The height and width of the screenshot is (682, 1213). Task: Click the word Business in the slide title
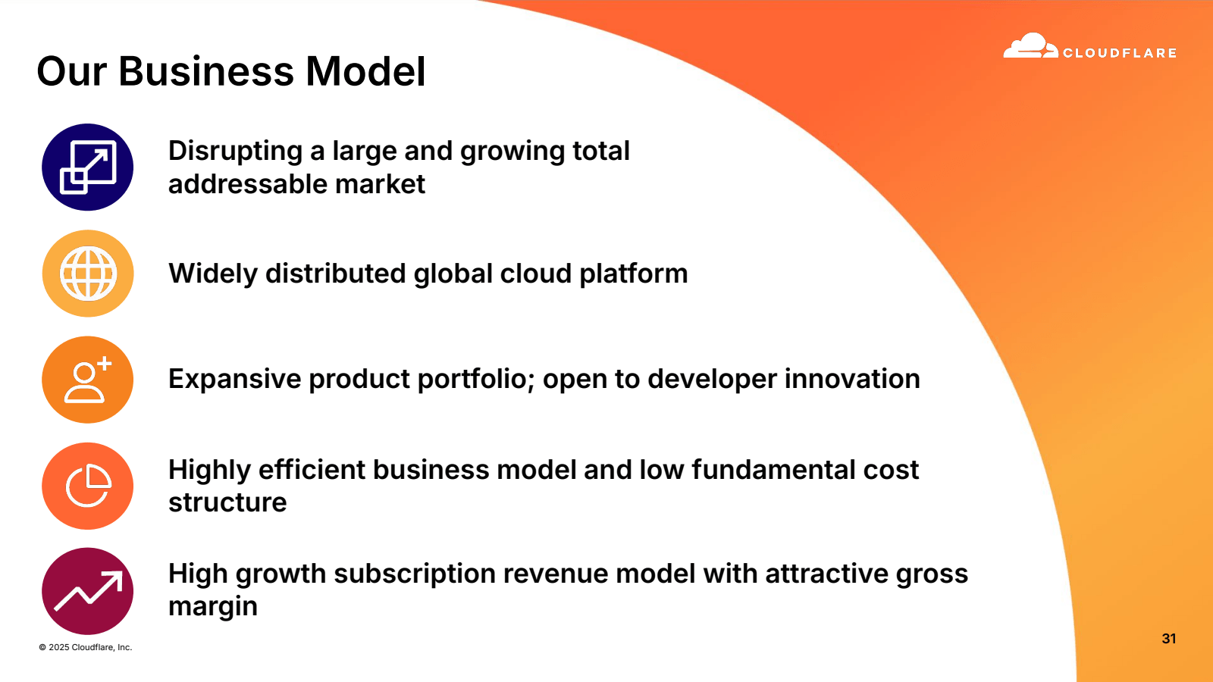point(206,71)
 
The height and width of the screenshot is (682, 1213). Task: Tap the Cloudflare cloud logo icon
point(1030,45)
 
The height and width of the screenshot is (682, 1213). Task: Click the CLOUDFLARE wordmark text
point(1119,52)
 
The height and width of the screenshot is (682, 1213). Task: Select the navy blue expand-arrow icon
point(88,167)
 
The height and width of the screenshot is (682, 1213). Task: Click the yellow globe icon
point(88,274)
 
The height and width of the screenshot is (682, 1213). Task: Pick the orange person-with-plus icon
point(88,380)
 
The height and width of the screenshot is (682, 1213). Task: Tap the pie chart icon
point(88,486)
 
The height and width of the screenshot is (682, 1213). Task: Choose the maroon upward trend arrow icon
point(88,591)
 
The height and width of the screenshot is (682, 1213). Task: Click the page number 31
point(1168,639)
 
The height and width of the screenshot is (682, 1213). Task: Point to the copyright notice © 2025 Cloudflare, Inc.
point(86,647)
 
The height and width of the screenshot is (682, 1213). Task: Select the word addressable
point(247,184)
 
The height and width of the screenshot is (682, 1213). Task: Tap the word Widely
point(213,274)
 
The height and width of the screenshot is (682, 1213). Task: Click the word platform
point(634,274)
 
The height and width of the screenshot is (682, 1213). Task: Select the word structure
point(227,502)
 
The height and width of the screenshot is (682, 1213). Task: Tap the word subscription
point(414,574)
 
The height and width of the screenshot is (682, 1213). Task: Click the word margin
point(213,607)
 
